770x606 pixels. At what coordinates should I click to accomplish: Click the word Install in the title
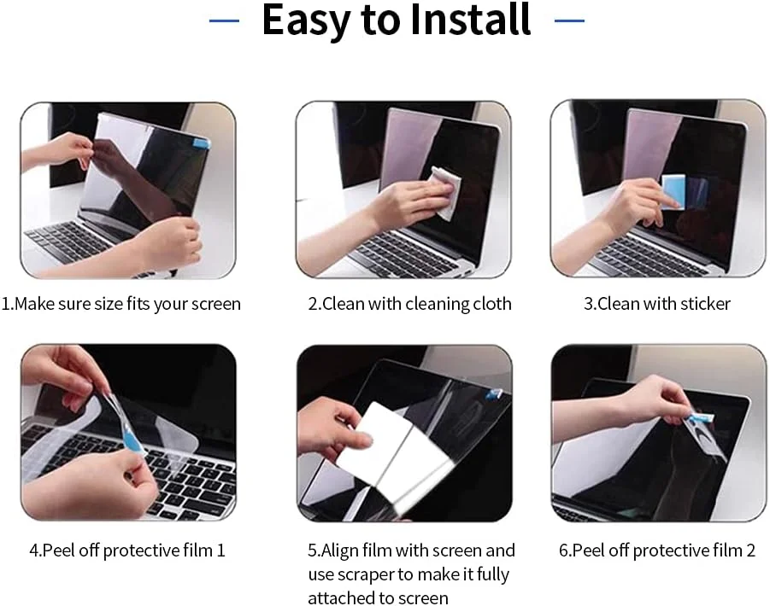coord(470,20)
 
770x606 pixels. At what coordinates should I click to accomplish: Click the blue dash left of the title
coord(224,20)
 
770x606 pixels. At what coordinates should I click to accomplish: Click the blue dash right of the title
coord(569,20)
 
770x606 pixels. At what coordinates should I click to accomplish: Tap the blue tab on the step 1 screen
coord(202,143)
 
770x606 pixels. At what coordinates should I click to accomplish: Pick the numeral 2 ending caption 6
coord(750,551)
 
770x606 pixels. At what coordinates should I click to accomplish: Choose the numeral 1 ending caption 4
coord(220,551)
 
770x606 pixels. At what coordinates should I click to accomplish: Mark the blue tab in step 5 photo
coord(494,393)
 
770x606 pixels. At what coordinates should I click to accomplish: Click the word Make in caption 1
coord(35,304)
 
